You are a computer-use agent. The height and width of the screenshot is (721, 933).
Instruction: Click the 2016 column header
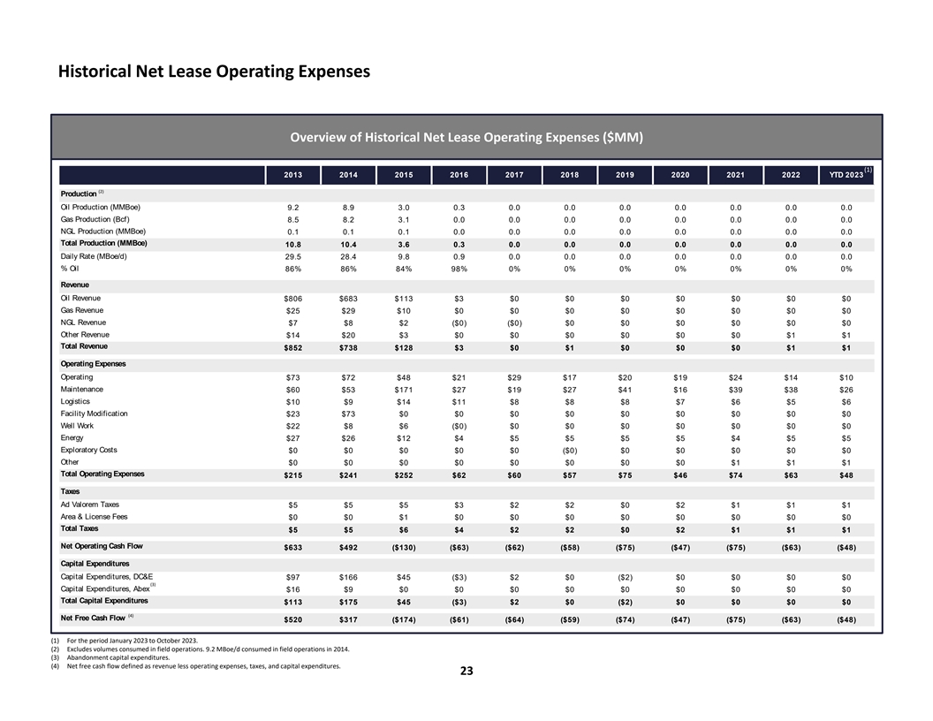coord(459,175)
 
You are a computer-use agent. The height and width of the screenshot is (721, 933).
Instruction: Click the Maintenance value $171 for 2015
coord(403,390)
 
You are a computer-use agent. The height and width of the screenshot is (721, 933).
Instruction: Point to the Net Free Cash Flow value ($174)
coord(403,619)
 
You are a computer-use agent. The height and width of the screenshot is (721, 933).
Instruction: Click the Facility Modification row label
coord(95,414)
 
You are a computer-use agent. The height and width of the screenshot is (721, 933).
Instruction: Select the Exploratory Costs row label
coord(88,450)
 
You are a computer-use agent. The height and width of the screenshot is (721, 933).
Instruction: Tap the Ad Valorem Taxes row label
coord(90,505)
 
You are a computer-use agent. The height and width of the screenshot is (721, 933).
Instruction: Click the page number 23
coord(466,672)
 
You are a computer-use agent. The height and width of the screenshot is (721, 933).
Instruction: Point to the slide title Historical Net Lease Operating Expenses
coord(213,71)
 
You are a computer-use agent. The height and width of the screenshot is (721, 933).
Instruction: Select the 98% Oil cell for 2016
coord(459,268)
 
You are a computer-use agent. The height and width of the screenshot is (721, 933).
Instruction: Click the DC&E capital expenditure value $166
coord(348,577)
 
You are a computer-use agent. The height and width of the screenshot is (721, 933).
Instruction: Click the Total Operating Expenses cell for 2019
coord(625,474)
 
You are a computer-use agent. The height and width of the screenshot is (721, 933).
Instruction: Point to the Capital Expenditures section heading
coord(98,563)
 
